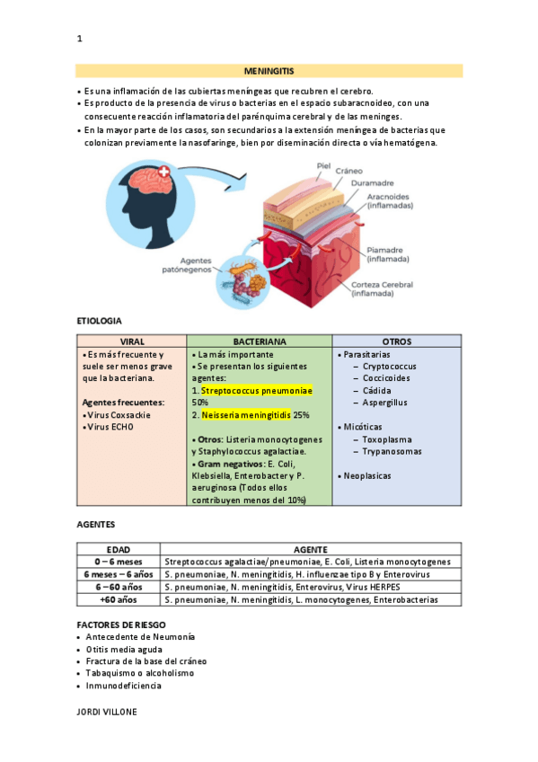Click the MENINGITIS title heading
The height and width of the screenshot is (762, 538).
click(269, 70)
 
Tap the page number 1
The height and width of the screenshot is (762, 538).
click(80, 39)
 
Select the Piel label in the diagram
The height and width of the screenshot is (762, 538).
click(324, 165)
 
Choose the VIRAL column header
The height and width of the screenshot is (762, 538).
click(132, 341)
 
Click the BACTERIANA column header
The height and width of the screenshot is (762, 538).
click(259, 341)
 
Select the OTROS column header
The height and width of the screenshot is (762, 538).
click(396, 341)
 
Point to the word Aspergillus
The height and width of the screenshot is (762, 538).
click(385, 403)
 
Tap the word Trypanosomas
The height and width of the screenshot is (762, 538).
click(392, 452)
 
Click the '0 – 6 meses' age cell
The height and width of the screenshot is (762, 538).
click(119, 562)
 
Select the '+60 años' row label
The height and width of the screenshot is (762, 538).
click(119, 599)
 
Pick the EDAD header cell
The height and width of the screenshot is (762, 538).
click(119, 549)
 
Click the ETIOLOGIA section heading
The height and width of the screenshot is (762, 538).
click(99, 321)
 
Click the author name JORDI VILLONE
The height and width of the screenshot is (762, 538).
click(108, 711)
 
